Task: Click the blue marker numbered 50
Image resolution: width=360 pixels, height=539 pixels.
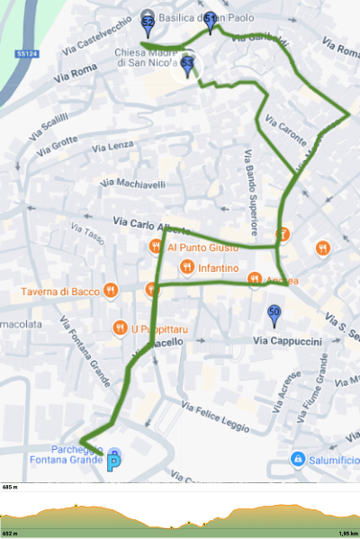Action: [x=274, y=315]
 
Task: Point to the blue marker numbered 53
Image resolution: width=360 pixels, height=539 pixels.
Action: [x=187, y=66]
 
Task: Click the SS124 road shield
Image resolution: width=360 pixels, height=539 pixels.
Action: [x=26, y=54]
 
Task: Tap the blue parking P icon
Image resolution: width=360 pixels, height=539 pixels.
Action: [x=114, y=463]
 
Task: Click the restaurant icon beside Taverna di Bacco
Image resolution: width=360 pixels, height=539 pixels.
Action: [x=110, y=290]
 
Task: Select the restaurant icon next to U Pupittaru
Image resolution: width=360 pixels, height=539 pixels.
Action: [x=119, y=327]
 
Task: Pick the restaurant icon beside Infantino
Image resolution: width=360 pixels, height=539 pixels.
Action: [x=186, y=267]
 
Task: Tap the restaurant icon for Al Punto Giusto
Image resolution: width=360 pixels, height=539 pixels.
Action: [x=155, y=247]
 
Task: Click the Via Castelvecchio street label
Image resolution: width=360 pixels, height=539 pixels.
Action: [x=98, y=40]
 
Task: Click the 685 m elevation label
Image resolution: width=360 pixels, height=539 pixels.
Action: [x=11, y=487]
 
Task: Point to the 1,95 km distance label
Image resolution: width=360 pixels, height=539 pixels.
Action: [x=348, y=533]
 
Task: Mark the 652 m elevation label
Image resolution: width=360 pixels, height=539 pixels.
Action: [x=11, y=533]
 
